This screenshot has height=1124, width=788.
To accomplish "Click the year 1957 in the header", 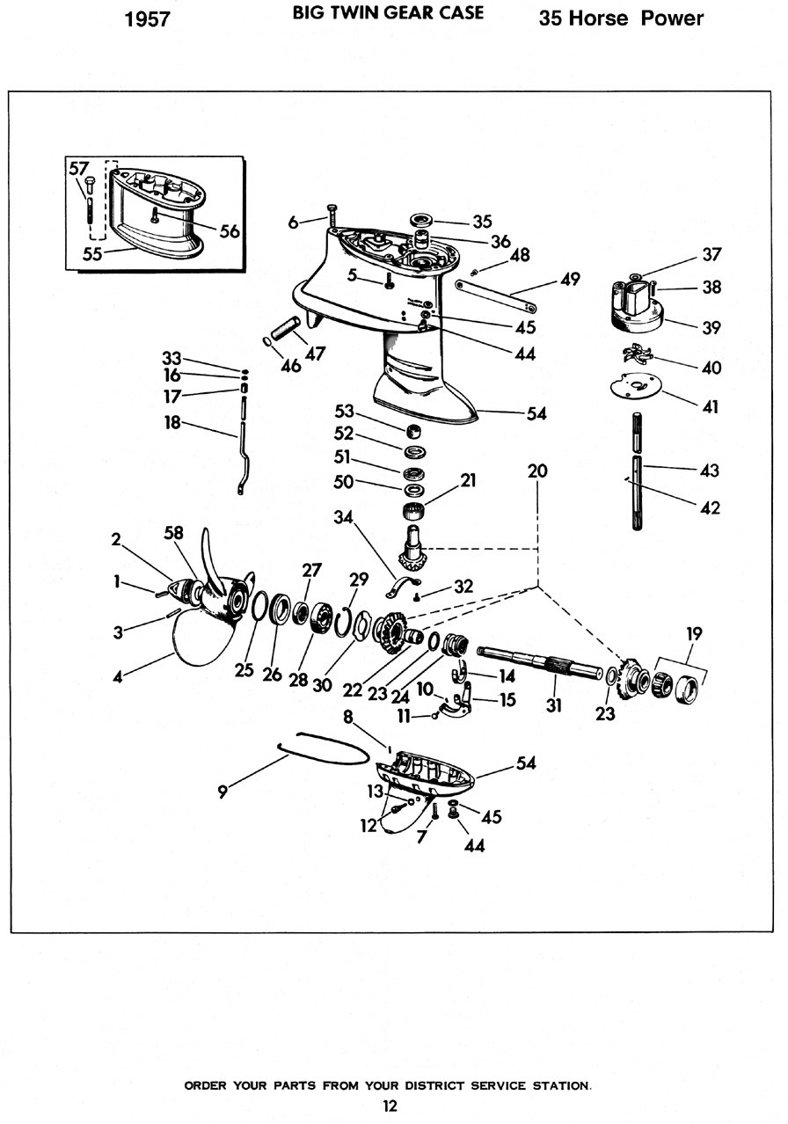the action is (x=147, y=19).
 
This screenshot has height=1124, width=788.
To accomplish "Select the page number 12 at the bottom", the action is (x=390, y=1106).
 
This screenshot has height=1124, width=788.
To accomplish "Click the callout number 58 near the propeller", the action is (x=173, y=532).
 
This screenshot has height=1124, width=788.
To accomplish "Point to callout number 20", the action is (x=537, y=471).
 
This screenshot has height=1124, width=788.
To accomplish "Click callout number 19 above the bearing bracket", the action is (x=694, y=634).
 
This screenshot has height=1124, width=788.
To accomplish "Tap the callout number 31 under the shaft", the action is (x=553, y=705).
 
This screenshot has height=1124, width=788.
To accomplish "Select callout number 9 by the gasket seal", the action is (x=223, y=792).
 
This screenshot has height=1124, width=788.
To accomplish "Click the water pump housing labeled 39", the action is (x=638, y=306).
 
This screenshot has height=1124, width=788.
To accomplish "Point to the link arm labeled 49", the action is (x=495, y=296).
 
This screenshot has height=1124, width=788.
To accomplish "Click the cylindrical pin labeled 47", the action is (x=286, y=328).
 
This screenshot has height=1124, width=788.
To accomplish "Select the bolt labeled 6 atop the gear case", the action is (x=332, y=215).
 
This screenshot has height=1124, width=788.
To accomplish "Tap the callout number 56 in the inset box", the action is (x=230, y=230).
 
